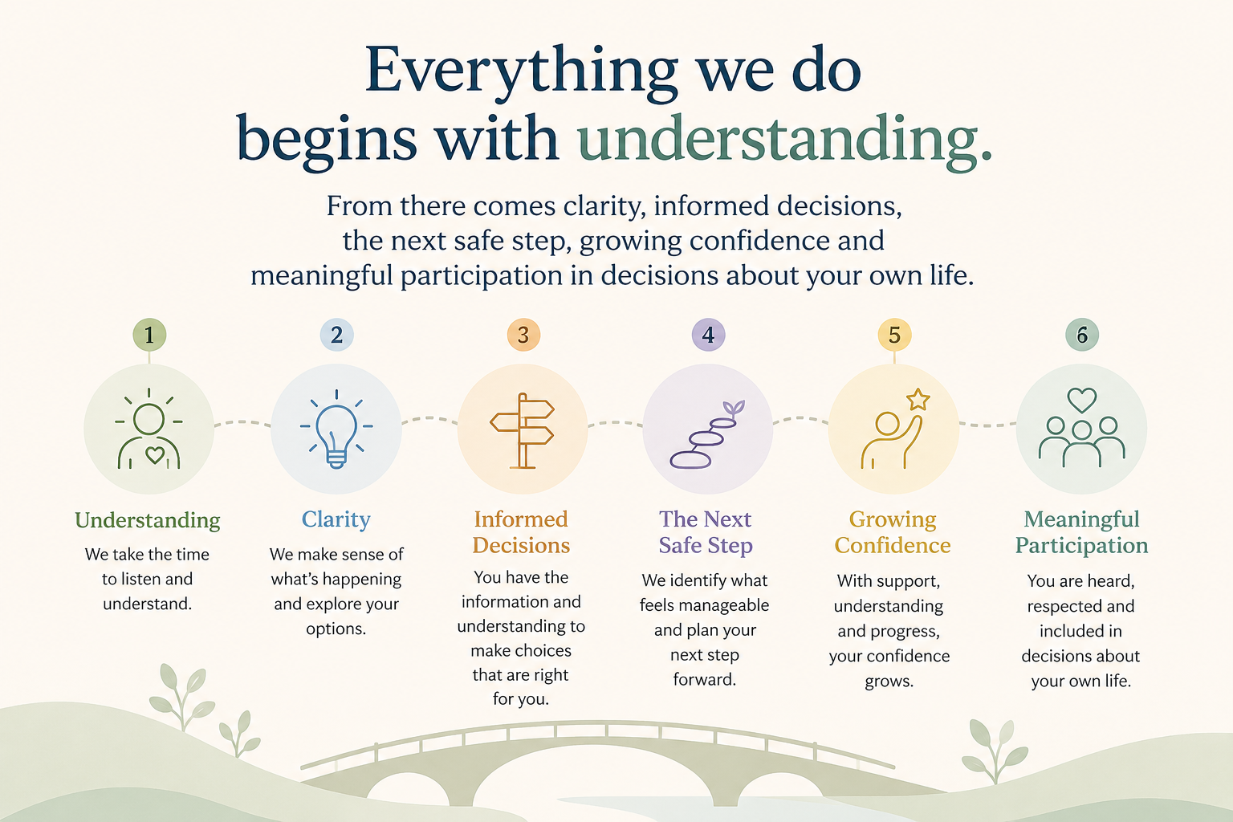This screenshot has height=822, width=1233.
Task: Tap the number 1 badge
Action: tap(149, 335)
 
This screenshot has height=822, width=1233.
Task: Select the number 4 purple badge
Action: tap(709, 335)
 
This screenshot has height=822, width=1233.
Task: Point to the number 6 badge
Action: tap(1081, 335)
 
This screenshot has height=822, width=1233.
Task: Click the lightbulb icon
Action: tap(336, 429)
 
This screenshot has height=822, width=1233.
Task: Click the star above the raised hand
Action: tap(918, 400)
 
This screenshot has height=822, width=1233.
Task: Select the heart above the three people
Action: tap(1081, 401)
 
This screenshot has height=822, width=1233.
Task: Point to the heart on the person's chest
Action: tap(155, 455)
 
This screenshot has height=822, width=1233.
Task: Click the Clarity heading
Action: tap(336, 519)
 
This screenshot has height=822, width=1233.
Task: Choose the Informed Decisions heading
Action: tap(521, 532)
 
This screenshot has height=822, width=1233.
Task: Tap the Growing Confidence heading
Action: tap(893, 532)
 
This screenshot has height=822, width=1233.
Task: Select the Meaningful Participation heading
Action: tap(1081, 532)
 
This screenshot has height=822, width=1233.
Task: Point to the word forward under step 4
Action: tap(705, 679)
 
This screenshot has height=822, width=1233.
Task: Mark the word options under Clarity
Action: tap(336, 629)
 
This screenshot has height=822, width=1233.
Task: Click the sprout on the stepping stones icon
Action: tap(734, 409)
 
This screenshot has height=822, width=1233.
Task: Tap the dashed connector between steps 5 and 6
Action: tap(988, 425)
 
